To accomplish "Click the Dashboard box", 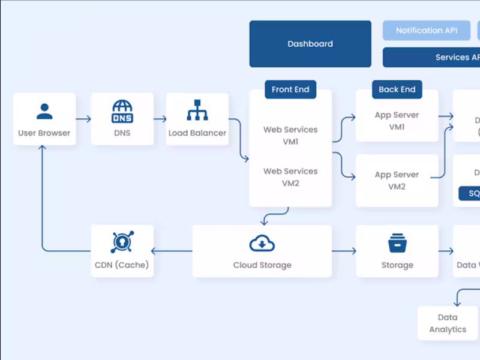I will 310,44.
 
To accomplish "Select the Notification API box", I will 427,31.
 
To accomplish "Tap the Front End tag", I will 290,89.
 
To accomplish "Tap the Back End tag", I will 397,89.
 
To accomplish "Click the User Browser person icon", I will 44,112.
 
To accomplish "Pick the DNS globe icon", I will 122,111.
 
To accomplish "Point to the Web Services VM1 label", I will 290,136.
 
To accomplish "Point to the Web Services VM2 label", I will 290,177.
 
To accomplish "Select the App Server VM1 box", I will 397,116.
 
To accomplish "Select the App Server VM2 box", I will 397,181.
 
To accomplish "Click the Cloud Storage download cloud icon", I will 262,244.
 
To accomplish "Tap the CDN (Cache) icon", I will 122,242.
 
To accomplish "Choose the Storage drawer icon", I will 397,244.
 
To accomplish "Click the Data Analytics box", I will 447,323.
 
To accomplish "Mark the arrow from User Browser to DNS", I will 83,119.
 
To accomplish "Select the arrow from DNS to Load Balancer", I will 159,119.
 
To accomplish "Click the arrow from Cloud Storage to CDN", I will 173,251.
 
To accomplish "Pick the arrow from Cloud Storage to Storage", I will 343,251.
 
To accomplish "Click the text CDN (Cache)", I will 122,265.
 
